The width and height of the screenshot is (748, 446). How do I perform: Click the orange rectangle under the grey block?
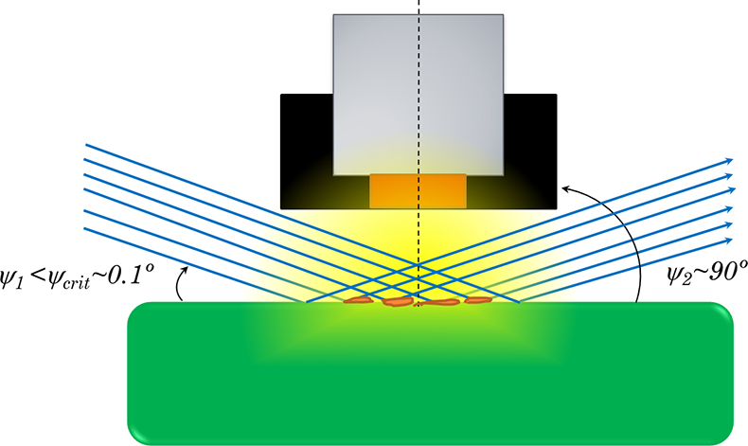pyautogui.click(x=418, y=190)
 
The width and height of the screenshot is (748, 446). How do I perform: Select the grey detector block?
pyautogui.click(x=419, y=95)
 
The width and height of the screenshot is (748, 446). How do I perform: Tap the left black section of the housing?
pyautogui.click(x=306, y=152)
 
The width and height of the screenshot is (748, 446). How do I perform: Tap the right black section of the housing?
pyautogui.click(x=530, y=152)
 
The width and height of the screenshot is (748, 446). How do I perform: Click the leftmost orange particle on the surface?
pyautogui.click(x=358, y=300)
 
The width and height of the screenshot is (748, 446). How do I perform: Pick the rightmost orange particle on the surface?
pyautogui.click(x=478, y=300)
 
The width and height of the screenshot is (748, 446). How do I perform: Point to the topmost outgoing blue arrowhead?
pyautogui.click(x=729, y=161)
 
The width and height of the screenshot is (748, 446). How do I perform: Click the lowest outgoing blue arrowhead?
pyautogui.click(x=728, y=241)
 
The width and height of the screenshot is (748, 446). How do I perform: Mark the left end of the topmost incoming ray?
pyautogui.click(x=85, y=144)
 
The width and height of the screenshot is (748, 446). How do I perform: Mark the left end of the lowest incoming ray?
pyautogui.click(x=84, y=229)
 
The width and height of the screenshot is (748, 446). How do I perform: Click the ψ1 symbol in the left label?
pyautogui.click(x=9, y=279)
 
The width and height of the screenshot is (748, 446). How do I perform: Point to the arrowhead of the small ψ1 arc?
pyautogui.click(x=186, y=270)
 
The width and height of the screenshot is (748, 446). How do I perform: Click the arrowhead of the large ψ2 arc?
pyautogui.click(x=566, y=188)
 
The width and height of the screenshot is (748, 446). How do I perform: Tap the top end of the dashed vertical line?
pyautogui.click(x=419, y=1)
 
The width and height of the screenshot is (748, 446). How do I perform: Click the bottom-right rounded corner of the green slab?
pyautogui.click(x=726, y=438)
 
